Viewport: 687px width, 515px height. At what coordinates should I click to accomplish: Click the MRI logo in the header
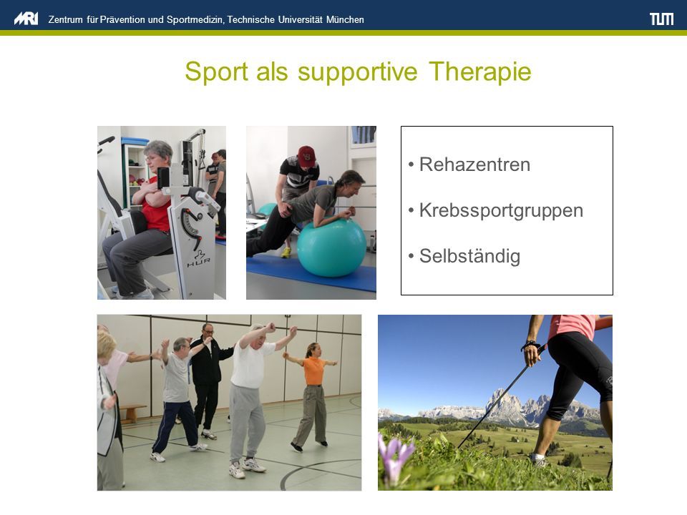(x=26, y=19)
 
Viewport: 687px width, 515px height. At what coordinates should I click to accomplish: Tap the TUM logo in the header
(x=661, y=19)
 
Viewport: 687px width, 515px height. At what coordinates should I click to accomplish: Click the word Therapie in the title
(x=479, y=72)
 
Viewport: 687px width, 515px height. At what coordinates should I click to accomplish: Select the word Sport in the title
(x=216, y=72)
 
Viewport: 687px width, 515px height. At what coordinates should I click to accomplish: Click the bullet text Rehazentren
(x=474, y=165)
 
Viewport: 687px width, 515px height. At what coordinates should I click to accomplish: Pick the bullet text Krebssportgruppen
(x=501, y=210)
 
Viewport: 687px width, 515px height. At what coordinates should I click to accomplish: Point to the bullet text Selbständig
(x=469, y=256)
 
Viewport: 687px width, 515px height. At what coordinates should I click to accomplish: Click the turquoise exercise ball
(x=331, y=248)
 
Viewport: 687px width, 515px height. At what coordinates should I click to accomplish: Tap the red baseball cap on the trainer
(x=307, y=155)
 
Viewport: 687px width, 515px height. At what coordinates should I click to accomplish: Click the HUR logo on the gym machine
(x=198, y=257)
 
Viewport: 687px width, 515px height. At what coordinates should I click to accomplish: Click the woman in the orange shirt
(x=312, y=394)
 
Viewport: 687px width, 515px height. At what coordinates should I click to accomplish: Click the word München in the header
(x=345, y=20)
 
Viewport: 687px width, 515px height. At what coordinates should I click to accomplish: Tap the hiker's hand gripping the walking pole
(x=532, y=353)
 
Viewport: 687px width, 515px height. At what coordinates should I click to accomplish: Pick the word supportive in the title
(x=358, y=72)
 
